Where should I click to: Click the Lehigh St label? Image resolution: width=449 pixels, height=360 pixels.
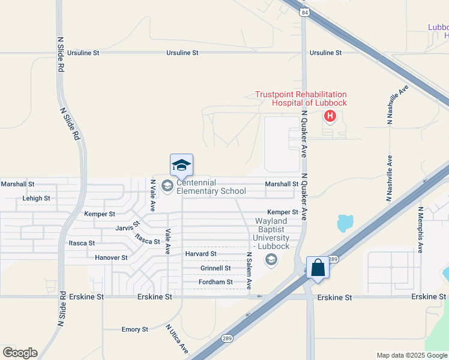36,198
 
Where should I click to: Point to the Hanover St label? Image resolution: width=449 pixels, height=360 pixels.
111,257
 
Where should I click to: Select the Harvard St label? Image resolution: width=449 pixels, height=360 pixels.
200,254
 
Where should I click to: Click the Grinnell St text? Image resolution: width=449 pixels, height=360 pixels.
215,268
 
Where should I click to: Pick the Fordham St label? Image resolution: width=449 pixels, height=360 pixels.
215,282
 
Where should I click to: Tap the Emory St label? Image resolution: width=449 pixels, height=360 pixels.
134,329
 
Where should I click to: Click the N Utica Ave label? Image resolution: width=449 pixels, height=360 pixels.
177,339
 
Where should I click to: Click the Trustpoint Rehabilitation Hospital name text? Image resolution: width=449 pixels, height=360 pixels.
301,98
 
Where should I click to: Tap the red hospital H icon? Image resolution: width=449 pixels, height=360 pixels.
329,116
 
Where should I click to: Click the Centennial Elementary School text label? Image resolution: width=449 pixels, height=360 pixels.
211,187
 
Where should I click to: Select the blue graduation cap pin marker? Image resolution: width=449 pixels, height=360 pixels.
181,165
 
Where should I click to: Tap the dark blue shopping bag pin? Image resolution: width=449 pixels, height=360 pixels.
317,268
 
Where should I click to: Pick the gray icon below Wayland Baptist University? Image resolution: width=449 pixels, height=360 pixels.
271,259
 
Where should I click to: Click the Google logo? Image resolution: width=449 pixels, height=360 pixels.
20,353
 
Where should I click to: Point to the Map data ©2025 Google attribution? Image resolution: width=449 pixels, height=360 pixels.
411,355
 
